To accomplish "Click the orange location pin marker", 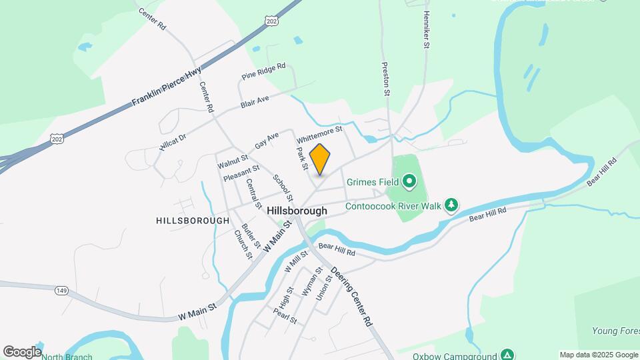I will pos(320,159).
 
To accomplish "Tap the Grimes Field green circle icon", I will pos(409,181).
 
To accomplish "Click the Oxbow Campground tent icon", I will pos(507,355).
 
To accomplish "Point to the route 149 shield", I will pos(62,289).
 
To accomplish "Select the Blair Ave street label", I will pos(255,103).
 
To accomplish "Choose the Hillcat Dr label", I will pos(173,141).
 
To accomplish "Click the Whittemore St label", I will pos(319,133).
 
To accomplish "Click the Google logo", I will pos(22,351).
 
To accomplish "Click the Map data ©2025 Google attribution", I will pos(599,355).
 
